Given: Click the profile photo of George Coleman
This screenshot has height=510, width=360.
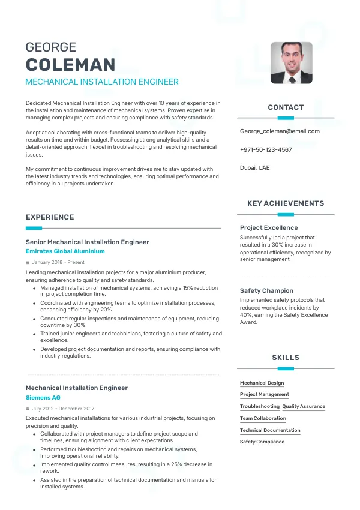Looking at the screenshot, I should (291, 62).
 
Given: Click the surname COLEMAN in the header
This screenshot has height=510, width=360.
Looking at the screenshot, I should (70, 65).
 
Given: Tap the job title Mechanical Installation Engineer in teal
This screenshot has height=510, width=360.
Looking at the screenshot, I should (102, 82).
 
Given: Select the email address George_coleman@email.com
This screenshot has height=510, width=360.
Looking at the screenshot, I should (280, 131).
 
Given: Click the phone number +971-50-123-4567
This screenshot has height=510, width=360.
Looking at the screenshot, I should (266, 149).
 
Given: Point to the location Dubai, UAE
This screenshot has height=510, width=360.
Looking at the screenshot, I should (254, 168).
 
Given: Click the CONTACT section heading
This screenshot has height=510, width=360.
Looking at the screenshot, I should (286, 107).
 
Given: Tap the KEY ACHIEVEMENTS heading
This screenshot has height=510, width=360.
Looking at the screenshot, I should (286, 203).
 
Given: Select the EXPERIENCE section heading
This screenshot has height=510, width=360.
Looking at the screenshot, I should (50, 217).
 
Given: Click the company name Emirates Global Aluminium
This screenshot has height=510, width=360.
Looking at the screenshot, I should (65, 251).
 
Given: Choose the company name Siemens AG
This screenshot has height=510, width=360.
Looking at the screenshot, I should (43, 398).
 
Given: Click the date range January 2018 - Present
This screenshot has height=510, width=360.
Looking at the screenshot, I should (58, 262).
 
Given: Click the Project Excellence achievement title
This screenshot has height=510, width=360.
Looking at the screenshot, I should (269, 228).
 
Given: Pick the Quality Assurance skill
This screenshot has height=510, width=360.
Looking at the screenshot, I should (304, 406).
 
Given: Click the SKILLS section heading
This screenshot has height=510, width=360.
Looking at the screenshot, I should (286, 358).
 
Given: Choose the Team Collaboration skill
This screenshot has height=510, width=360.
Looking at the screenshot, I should (263, 418).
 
